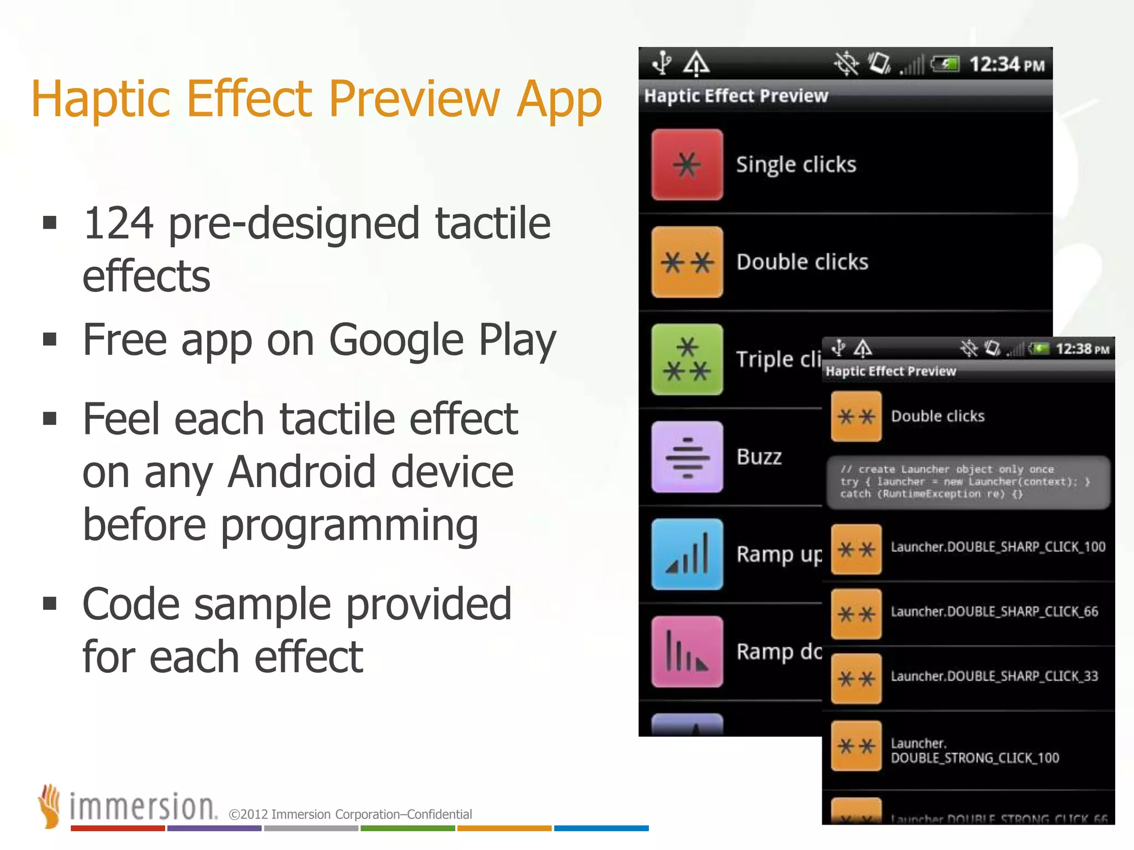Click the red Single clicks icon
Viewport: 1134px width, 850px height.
tap(687, 164)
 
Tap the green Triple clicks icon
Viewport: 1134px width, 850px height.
tap(687, 359)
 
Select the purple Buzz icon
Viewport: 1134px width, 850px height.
tap(687, 457)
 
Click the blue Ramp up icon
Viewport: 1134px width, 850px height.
tap(687, 554)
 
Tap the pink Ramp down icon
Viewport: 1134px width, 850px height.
tap(687, 651)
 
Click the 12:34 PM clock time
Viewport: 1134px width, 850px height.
tap(1006, 65)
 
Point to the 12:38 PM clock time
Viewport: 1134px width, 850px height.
tap(1082, 349)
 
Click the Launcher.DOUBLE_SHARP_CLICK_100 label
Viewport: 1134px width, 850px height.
tap(998, 547)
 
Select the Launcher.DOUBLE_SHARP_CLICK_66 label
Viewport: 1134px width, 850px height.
tap(994, 611)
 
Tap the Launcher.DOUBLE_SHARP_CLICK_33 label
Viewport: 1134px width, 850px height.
tap(994, 676)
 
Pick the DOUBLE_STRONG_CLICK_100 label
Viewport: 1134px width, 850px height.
tap(975, 758)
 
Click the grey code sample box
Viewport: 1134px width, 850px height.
tap(968, 482)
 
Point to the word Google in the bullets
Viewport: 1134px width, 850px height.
tap(396, 340)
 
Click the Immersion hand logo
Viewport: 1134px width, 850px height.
tap(49, 806)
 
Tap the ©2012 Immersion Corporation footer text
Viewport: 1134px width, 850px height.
tap(350, 814)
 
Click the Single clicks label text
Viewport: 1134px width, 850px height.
tap(796, 165)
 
